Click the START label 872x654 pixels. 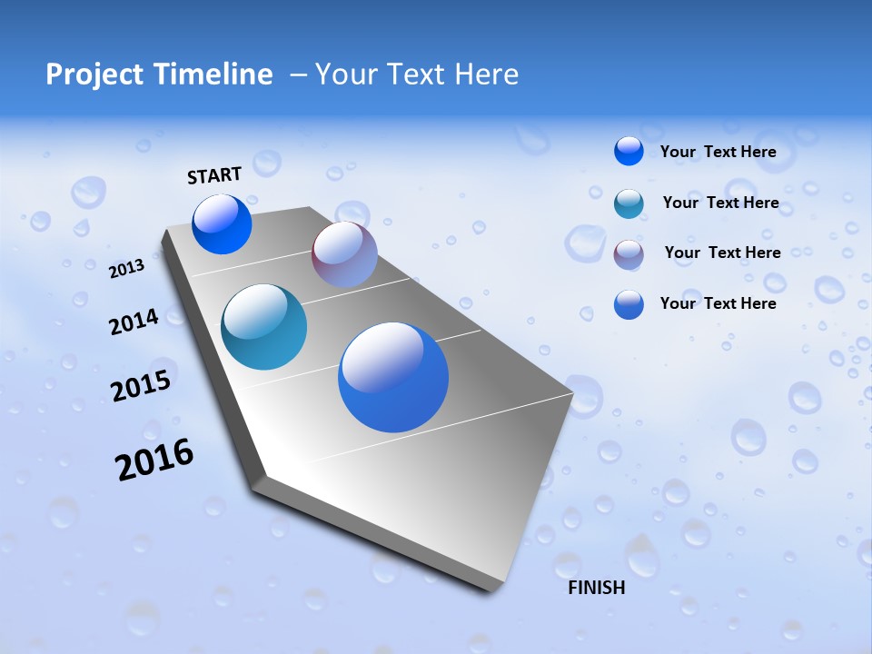click(214, 175)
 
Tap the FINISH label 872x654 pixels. click(597, 588)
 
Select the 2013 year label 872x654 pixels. click(127, 268)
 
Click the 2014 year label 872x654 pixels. click(134, 322)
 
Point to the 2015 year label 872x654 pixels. click(141, 386)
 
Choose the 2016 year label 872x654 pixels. click(154, 460)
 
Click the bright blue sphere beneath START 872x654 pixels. click(222, 224)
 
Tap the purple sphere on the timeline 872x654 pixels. click(344, 253)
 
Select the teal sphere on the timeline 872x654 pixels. click(263, 327)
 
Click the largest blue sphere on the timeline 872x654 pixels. click(393, 377)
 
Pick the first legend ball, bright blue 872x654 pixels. click(629, 151)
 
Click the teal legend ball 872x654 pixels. click(629, 203)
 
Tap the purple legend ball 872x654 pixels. click(629, 254)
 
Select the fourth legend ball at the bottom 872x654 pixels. click(629, 304)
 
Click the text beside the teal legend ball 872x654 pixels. click(720, 203)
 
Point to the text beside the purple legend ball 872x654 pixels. click(722, 253)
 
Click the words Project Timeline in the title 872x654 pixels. click(159, 74)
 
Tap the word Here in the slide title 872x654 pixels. click(486, 74)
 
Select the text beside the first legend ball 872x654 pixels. click(718, 152)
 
